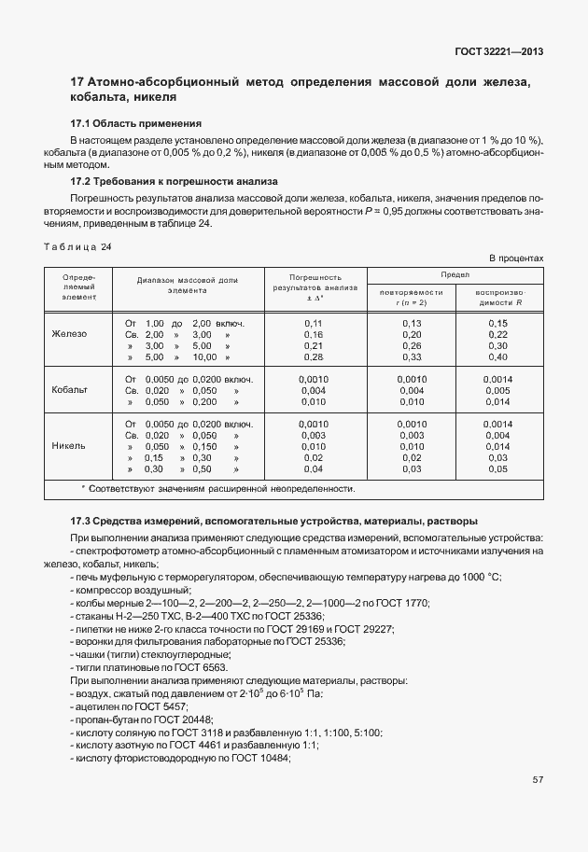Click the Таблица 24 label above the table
[77, 247]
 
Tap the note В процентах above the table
[515, 258]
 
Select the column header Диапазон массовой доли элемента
[187, 285]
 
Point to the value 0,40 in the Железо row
[497, 357]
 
